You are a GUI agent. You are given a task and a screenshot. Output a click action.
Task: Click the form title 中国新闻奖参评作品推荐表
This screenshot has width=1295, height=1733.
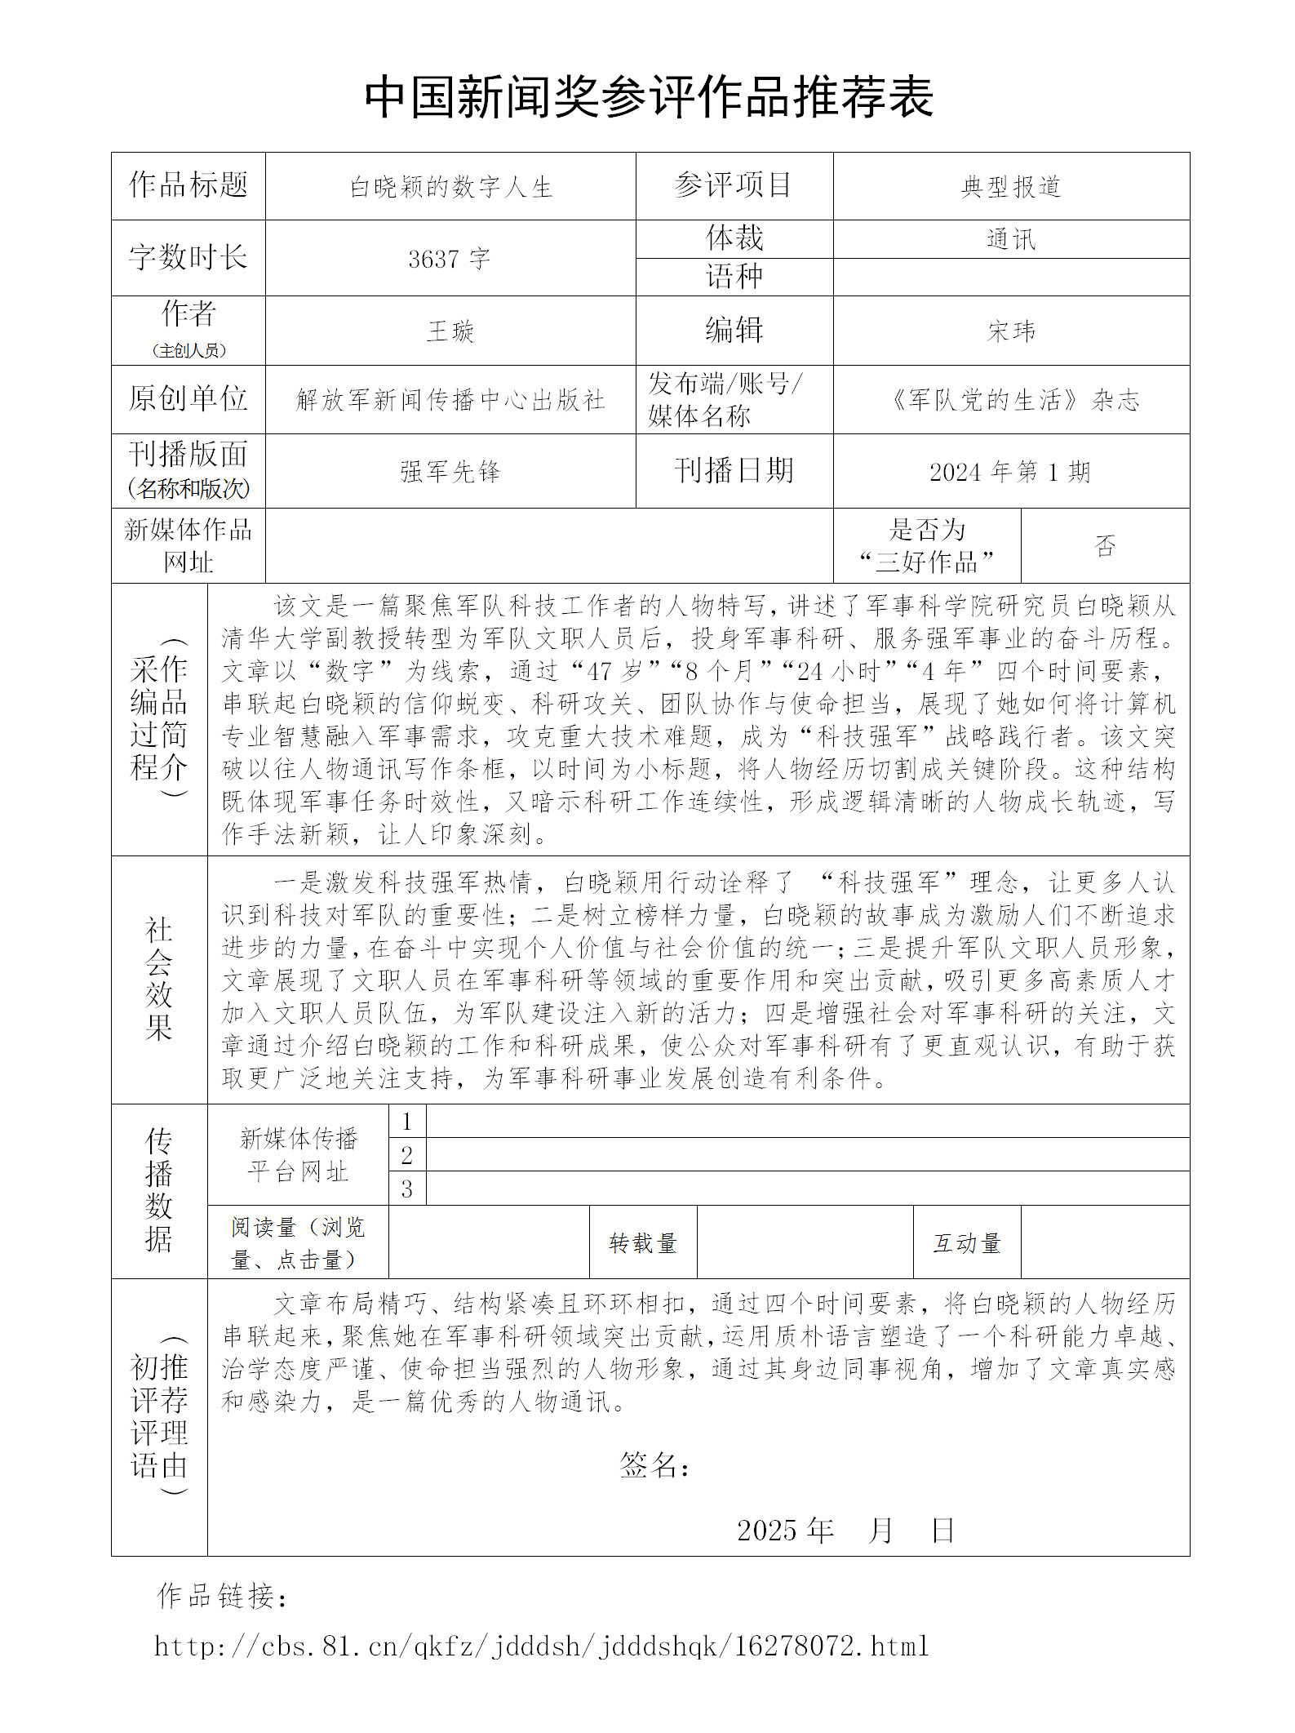(x=649, y=97)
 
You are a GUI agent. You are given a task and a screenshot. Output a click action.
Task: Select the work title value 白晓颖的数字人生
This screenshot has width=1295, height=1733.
(x=450, y=187)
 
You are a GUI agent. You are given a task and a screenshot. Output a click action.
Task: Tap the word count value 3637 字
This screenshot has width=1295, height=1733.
(x=450, y=259)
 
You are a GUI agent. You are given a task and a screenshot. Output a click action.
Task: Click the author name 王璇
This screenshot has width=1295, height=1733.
(x=450, y=331)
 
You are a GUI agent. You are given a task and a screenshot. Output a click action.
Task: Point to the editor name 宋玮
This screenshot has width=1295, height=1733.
(x=1011, y=331)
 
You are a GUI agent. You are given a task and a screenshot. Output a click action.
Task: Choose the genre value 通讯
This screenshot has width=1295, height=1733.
(x=1011, y=239)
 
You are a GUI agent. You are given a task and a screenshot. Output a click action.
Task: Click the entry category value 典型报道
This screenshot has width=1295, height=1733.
(x=1011, y=187)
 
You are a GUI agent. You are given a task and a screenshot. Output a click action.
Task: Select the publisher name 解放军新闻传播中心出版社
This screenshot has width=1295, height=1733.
(x=450, y=399)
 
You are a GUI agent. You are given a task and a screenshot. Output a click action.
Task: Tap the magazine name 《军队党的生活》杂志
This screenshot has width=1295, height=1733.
(x=1011, y=399)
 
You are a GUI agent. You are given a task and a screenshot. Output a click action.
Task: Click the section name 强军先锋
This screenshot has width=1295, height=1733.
(x=450, y=471)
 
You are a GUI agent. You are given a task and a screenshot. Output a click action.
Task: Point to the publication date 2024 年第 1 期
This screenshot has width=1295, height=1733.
(x=1010, y=471)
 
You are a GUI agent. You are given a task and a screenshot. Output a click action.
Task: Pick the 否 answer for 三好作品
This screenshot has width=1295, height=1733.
(x=1105, y=545)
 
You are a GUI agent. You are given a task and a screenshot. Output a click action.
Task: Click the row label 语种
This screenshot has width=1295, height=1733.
(x=734, y=277)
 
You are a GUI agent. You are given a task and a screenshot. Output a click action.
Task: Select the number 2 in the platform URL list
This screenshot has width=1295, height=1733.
(x=406, y=1155)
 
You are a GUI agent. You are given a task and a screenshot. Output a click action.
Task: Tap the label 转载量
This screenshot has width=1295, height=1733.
(x=643, y=1242)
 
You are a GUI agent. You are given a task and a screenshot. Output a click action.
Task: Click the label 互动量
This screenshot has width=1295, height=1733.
(x=967, y=1242)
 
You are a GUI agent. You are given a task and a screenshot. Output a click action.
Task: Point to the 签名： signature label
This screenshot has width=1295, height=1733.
(x=654, y=1464)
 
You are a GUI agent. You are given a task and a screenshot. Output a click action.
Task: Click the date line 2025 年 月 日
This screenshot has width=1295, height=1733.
(x=845, y=1530)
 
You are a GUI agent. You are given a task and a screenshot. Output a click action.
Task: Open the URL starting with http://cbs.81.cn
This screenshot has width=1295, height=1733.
(x=542, y=1646)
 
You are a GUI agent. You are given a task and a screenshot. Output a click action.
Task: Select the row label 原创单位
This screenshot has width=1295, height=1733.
(x=188, y=398)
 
